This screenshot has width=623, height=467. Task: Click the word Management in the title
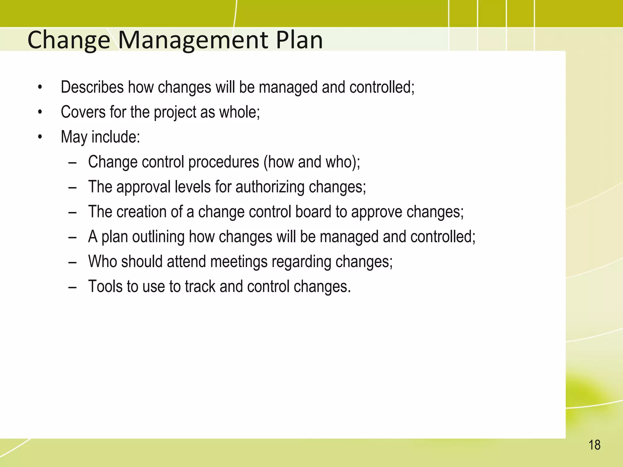click(x=193, y=40)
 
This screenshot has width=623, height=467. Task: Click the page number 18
click(x=594, y=445)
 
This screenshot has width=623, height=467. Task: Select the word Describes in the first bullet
click(x=92, y=87)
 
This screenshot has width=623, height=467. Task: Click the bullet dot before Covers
click(x=40, y=112)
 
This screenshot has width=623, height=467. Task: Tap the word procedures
click(x=224, y=162)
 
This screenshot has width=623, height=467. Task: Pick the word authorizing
click(x=270, y=187)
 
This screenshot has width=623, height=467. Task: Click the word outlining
click(x=158, y=237)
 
